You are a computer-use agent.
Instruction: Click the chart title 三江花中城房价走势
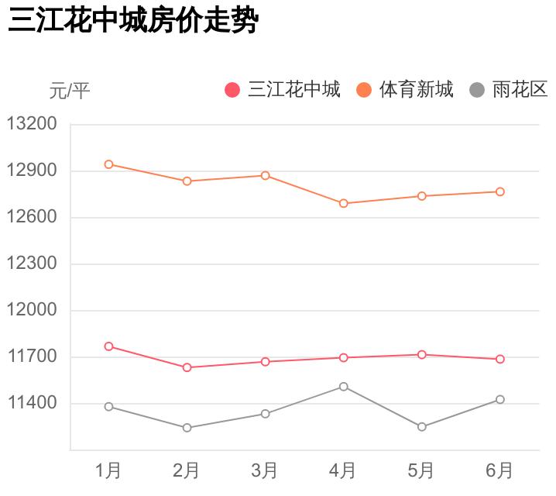coord(132,21)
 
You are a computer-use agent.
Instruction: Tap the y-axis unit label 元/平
coord(70,91)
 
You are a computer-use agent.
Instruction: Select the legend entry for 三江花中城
coord(283,90)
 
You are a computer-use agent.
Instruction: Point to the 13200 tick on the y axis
coord(32,124)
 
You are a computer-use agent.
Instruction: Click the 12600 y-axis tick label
coord(32,217)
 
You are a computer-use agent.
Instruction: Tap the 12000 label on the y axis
coord(32,310)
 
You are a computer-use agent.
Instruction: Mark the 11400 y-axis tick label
coord(32,403)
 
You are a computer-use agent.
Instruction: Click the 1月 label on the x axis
coord(108,470)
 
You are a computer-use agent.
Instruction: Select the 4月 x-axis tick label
coord(343,470)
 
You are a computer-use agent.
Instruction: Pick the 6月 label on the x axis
coord(499,470)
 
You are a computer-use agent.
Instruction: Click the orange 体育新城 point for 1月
coord(109,164)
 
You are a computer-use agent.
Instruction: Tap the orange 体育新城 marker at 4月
coord(343,203)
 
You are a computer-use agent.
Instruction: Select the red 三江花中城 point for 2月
coord(187,367)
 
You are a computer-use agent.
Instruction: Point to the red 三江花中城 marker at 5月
coord(422,354)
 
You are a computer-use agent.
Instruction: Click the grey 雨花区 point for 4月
coord(343,386)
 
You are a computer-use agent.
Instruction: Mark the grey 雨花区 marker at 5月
coord(422,427)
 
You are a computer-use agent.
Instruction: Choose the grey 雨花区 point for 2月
coord(187,428)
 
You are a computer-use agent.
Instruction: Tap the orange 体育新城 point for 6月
coord(500,191)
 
